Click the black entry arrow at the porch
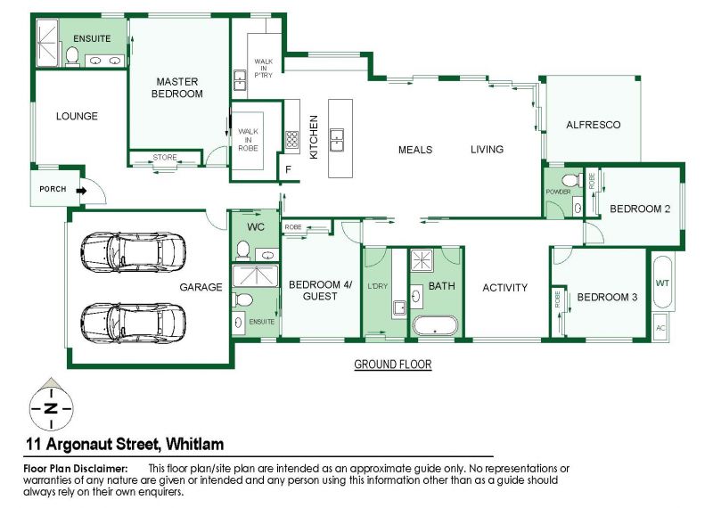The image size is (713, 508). coord(81,191)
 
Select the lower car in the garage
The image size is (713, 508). coord(133,323)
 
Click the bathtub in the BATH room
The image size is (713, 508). coord(435,325)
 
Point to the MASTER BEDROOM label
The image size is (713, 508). coord(176,87)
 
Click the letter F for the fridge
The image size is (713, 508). coord(288,169)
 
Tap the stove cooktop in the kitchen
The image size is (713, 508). coord(292,139)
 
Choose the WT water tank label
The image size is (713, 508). coord(662,283)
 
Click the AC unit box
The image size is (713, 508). coord(660,327)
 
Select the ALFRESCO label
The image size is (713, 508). coord(593,125)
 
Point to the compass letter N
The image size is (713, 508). coord(52,408)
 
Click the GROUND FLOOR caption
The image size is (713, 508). coord(392,365)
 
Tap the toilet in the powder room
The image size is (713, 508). coord(572,180)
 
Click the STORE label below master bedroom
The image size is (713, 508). coord(165,158)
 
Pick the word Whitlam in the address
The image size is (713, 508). coord(194,444)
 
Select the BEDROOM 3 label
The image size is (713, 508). coord(607,298)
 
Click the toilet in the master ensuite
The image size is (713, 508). coord(72,56)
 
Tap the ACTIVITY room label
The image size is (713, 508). coord(504,288)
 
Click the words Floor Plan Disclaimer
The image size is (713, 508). coord(76,469)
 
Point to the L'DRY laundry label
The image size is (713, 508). coord(377,286)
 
